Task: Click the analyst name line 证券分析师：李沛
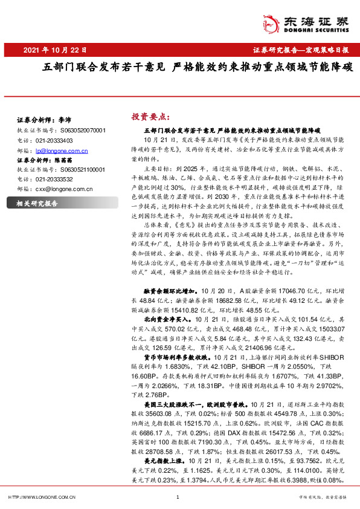click(45, 120)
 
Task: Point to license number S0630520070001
click(83, 130)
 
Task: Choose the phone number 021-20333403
click(54, 140)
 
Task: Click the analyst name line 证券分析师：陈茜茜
click(45, 160)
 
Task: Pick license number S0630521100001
click(83, 169)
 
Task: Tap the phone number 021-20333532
click(54, 179)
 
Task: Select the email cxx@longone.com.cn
click(63, 189)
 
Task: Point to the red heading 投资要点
click(151, 116)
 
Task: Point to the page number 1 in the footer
click(178, 498)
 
